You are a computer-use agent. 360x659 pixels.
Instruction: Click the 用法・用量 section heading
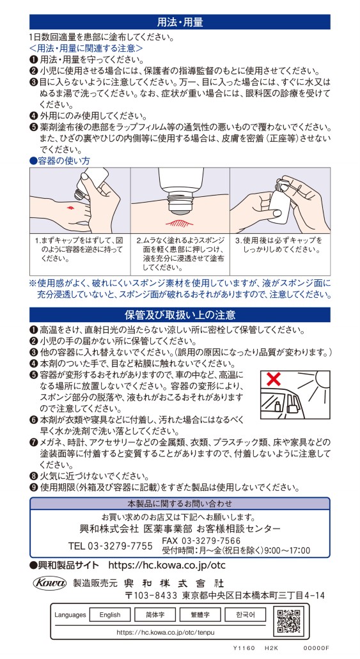click(x=180, y=22)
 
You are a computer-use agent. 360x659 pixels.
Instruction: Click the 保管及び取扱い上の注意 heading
click(x=180, y=314)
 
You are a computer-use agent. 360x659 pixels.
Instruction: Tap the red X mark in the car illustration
click(x=274, y=380)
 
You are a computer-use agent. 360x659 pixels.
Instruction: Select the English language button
click(x=110, y=615)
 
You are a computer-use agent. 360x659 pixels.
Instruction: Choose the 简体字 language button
click(x=155, y=615)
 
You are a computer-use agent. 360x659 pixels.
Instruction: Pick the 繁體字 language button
click(x=200, y=615)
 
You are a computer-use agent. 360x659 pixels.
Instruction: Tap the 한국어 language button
click(x=245, y=615)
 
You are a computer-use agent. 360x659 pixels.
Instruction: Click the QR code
click(x=288, y=621)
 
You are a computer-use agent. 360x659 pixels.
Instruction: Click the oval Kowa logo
click(x=50, y=582)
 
